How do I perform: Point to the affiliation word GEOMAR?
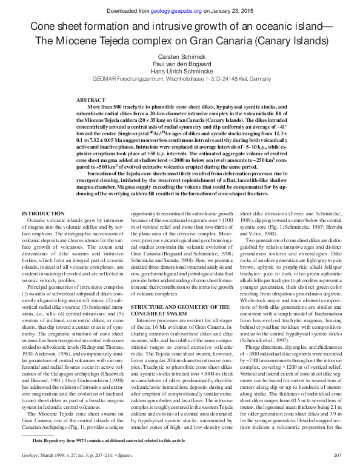coord(105,79)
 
